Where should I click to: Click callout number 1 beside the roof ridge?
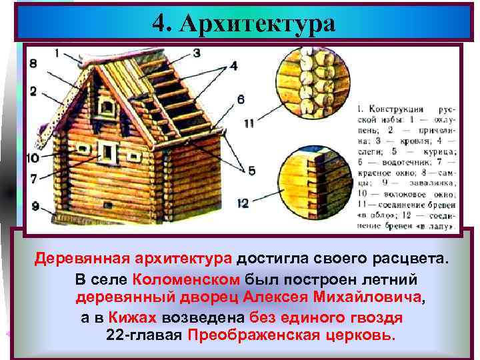click(x=58, y=52)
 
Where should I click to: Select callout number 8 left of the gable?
click(x=33, y=64)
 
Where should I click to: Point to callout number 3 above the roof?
click(x=198, y=52)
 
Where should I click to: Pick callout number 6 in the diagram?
click(x=240, y=99)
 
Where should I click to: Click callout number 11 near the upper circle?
click(x=249, y=122)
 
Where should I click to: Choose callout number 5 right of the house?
click(x=251, y=171)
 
